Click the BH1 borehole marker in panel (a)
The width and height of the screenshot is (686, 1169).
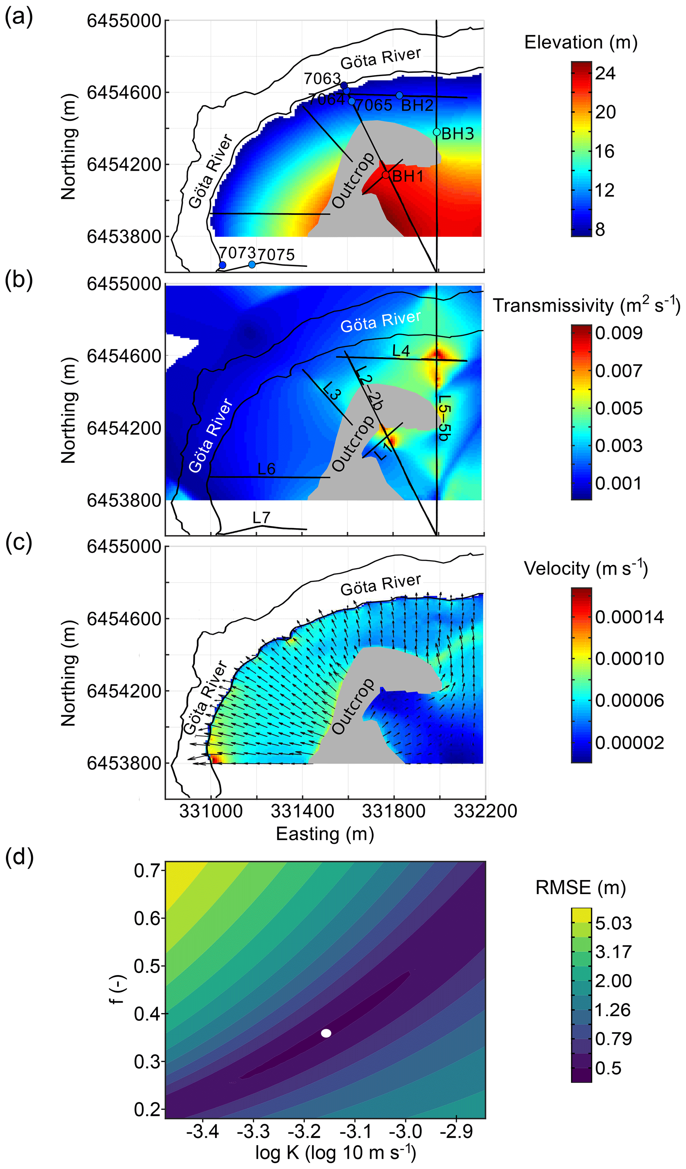(x=386, y=175)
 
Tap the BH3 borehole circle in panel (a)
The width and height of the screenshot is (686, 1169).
(x=436, y=132)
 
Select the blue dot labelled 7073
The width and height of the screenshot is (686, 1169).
(x=222, y=265)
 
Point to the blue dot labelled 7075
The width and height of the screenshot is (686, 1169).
(x=252, y=264)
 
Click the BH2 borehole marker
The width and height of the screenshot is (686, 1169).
(x=399, y=96)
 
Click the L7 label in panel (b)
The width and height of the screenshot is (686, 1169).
(x=261, y=518)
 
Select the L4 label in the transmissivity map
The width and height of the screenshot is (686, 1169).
(x=401, y=351)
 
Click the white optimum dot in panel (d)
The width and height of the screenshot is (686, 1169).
(x=326, y=1033)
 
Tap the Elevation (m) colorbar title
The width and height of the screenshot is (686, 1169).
(x=581, y=43)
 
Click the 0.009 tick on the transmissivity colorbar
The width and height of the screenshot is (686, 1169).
(x=619, y=333)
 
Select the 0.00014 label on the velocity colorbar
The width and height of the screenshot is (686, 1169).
(x=629, y=617)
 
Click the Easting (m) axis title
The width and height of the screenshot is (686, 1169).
(x=325, y=834)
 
